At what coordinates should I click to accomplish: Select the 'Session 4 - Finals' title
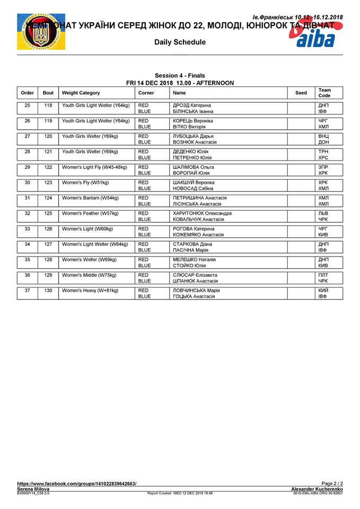point(180,76)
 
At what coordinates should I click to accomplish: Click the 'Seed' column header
point(301,93)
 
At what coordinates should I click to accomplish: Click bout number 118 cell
point(48,106)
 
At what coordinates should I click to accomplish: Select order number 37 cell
point(27,291)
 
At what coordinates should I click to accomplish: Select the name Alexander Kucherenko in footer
point(317,489)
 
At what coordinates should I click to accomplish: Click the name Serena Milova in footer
point(33,489)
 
